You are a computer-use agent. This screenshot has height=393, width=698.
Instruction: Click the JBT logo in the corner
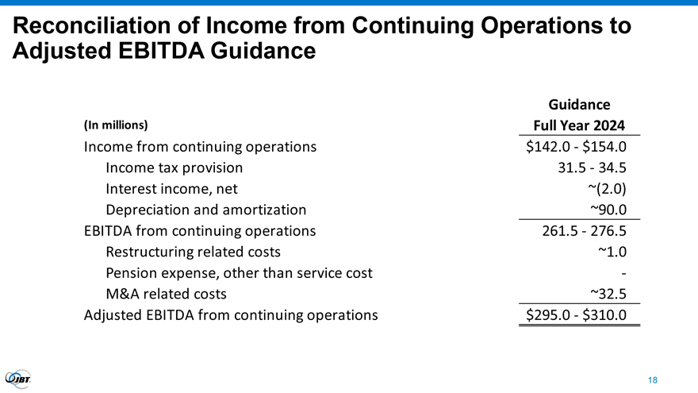coord(18,380)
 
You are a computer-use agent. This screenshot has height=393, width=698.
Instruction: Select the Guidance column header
coord(579,104)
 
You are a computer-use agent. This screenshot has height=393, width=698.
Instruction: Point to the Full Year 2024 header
coord(579,125)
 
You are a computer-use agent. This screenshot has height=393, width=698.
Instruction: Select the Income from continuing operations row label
coord(200,147)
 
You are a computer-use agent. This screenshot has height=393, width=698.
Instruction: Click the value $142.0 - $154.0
coord(577,147)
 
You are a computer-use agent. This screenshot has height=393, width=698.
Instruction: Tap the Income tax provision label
coord(174,168)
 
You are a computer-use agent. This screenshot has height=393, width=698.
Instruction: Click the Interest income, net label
coord(171,189)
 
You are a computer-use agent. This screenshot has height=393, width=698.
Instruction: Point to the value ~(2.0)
coord(608,189)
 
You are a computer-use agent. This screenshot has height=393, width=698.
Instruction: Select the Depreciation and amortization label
coord(205,210)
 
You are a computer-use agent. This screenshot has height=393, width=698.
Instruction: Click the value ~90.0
coord(609,210)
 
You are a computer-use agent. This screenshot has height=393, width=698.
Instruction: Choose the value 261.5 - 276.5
coord(581,232)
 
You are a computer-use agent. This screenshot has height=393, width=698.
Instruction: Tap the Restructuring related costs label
coord(193,252)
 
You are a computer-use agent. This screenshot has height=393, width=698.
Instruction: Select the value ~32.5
coord(609,295)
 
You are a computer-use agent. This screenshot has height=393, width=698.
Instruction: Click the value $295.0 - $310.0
coord(577,316)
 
